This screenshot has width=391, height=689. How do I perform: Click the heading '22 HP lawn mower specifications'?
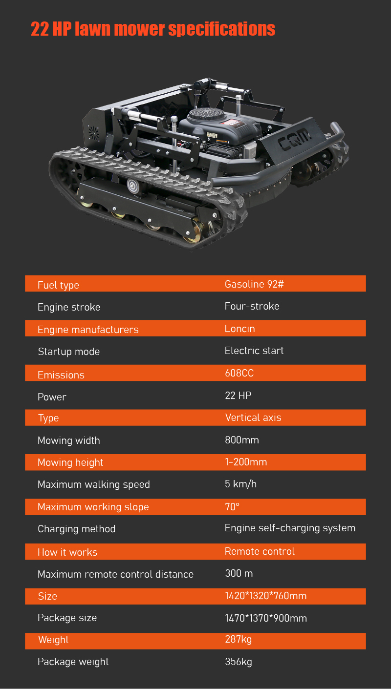(x=153, y=29)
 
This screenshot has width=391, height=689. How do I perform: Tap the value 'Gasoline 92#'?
(x=254, y=284)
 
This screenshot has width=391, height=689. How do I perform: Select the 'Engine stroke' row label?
(x=69, y=307)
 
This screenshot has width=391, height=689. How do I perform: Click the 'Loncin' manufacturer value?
(x=239, y=329)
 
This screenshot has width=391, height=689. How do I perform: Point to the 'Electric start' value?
(x=254, y=351)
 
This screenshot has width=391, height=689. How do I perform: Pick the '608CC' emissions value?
(x=239, y=374)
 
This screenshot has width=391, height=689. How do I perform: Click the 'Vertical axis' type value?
(x=253, y=418)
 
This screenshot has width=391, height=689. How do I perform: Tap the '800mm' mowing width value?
(x=242, y=440)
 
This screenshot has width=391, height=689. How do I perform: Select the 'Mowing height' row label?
(x=70, y=462)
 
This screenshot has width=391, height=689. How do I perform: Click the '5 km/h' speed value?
(x=240, y=484)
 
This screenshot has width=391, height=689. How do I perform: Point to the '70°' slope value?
(x=232, y=507)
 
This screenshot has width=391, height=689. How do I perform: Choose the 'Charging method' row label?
(x=76, y=529)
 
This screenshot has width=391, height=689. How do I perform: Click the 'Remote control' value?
(x=260, y=551)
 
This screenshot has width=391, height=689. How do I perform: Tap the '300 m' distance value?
(x=239, y=573)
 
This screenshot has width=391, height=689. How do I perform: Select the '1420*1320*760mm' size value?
(x=266, y=596)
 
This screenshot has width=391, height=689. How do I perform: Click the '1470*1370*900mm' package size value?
(x=266, y=618)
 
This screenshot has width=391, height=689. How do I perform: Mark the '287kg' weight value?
(x=239, y=639)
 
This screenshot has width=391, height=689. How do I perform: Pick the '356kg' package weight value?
(x=239, y=662)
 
